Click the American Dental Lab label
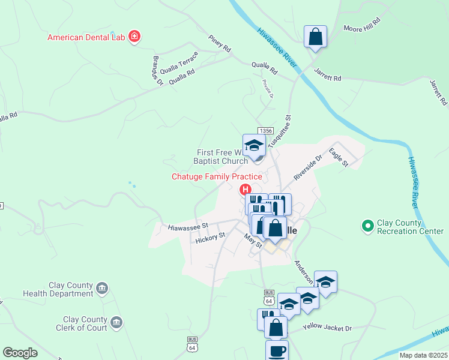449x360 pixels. point(86,37)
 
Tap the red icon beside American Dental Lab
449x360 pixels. point(134,37)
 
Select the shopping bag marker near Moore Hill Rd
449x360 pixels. point(315,37)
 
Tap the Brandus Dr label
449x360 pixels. point(157,71)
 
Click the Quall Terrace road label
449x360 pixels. point(175,63)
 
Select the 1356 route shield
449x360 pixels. point(266,131)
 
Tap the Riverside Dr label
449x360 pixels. point(308,167)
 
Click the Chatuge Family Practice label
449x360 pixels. point(217,176)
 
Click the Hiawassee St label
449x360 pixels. point(188,227)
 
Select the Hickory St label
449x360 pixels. point(210,238)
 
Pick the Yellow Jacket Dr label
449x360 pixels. point(327,328)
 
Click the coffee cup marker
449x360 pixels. point(277,352)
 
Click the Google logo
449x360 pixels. point(20,353)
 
